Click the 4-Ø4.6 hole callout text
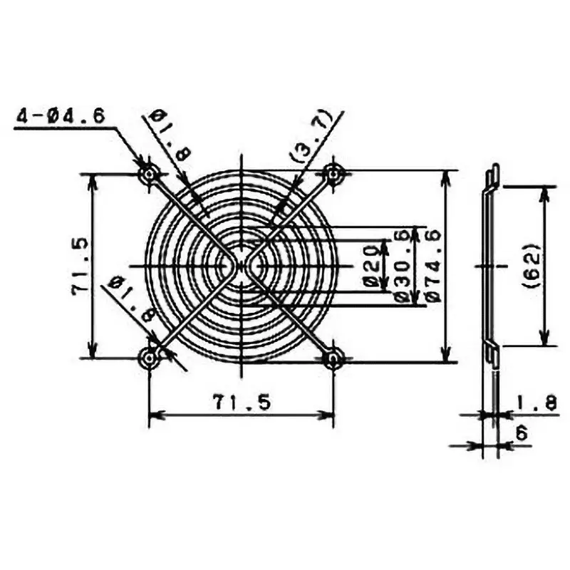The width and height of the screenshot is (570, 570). pyautogui.click(x=61, y=115)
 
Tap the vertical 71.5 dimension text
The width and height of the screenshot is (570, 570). pyautogui.click(x=79, y=265)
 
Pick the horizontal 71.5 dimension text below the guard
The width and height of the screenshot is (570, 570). pyautogui.click(x=241, y=403)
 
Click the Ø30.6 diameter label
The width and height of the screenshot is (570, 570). pyautogui.click(x=400, y=265)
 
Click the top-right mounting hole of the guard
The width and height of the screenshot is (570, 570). pyautogui.click(x=333, y=173)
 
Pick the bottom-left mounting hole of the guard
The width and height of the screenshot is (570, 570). pyautogui.click(x=149, y=358)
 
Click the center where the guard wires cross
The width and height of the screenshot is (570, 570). pyautogui.click(x=241, y=265)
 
